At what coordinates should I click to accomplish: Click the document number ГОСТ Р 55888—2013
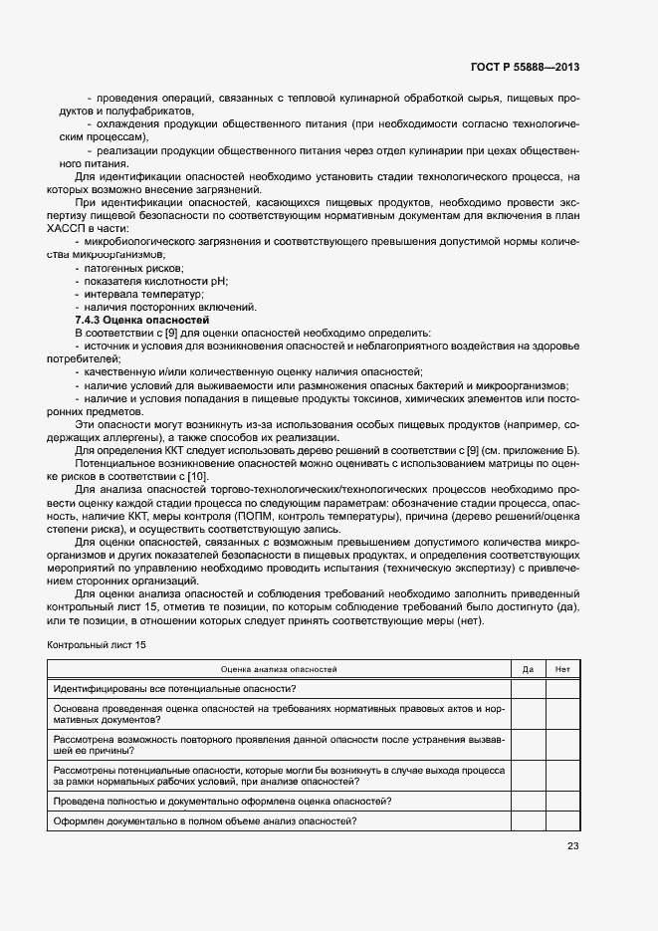(525, 68)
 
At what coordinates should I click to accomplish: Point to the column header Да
(528, 669)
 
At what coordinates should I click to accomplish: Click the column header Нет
(562, 669)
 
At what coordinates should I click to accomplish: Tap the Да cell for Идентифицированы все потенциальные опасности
(528, 688)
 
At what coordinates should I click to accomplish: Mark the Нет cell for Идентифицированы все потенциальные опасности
(562, 688)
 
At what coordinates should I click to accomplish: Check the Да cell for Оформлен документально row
(528, 820)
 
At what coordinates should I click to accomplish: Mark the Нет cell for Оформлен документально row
(562, 820)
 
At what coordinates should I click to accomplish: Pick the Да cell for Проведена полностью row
(528, 802)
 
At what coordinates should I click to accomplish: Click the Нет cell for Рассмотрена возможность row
(562, 746)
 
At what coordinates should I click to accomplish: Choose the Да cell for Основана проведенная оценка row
(528, 714)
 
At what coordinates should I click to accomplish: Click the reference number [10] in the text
(197, 477)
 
